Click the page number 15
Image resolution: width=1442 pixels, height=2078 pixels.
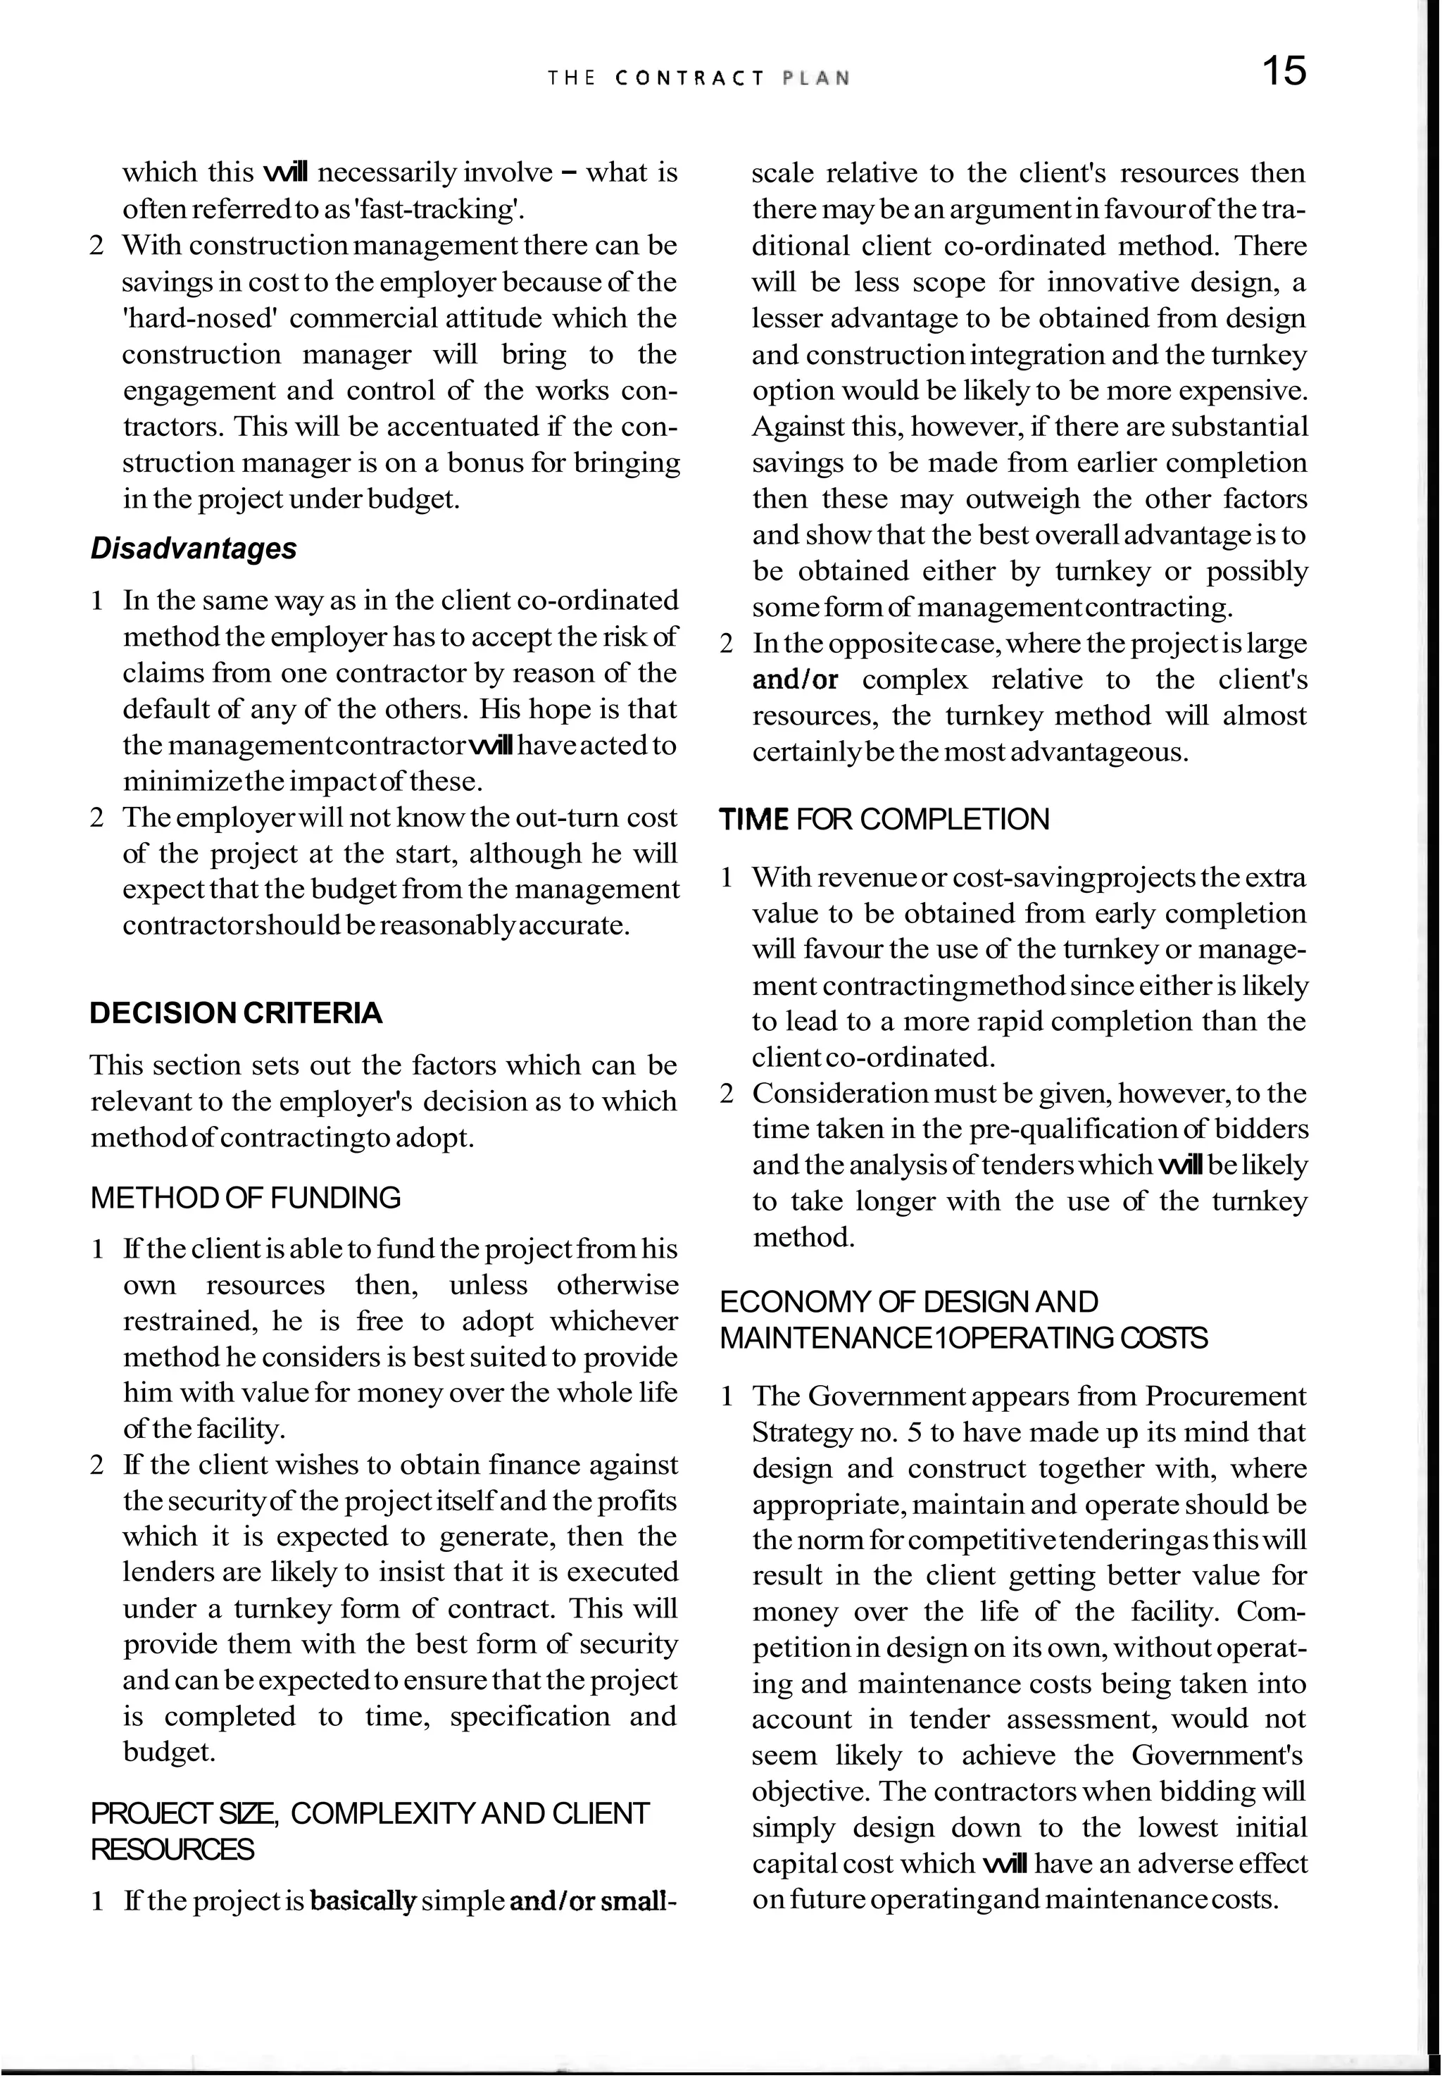1283,70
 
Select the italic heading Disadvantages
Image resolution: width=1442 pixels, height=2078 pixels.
194,549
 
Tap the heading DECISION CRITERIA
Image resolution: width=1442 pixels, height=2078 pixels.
236,1013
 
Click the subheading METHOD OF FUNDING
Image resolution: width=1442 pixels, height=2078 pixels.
245,1198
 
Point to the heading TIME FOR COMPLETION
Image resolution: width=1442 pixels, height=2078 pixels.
884,820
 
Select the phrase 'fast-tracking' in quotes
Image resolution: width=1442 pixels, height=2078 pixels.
441,210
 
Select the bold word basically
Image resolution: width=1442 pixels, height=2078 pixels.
363,1902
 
